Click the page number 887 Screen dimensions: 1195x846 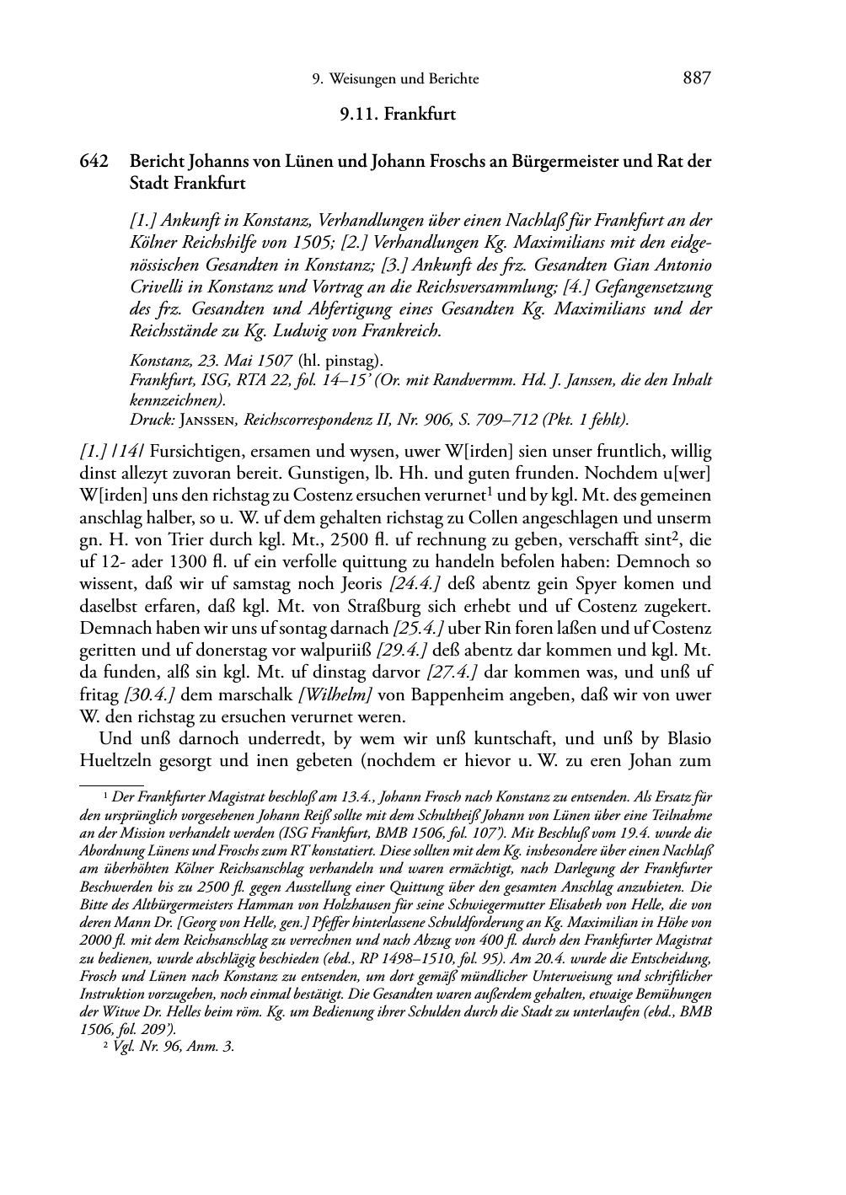pos(697,78)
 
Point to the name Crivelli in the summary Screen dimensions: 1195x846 pos(158,287)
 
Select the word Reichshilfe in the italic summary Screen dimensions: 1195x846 pos(210,243)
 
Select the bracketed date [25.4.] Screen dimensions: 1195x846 pos(420,628)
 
